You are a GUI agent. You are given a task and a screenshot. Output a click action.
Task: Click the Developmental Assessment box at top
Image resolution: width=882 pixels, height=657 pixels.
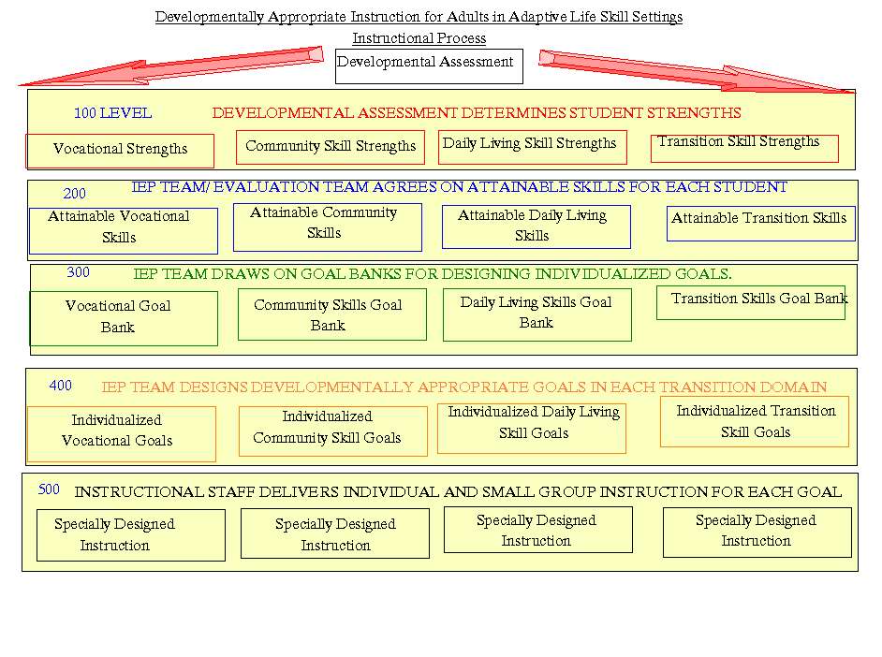(429, 66)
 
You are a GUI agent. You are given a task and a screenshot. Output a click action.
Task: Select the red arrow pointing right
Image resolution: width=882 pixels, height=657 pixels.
(697, 71)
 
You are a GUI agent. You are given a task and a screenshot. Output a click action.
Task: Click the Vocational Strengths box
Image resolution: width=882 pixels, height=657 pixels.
(120, 151)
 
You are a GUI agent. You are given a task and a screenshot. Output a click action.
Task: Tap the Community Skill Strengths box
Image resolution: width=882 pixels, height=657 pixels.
(331, 147)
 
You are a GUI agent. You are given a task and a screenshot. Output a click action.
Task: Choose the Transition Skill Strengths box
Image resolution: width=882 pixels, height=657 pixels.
(744, 149)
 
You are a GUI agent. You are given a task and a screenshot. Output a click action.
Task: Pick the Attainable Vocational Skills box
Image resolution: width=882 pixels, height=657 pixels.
(124, 231)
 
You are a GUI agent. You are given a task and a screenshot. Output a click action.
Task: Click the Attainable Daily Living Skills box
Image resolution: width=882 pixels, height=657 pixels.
(537, 226)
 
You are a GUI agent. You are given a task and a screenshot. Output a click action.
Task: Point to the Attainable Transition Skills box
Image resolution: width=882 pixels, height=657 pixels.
(760, 224)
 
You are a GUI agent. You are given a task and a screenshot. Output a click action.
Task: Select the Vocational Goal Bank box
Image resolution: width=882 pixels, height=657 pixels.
(124, 318)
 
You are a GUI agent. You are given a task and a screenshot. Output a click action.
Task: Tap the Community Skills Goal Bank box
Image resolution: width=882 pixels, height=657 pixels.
(331, 314)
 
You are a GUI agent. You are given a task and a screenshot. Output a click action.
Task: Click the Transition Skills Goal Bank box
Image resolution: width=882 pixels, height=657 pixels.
(750, 302)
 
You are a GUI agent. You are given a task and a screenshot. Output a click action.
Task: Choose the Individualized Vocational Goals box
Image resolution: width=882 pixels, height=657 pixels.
(121, 434)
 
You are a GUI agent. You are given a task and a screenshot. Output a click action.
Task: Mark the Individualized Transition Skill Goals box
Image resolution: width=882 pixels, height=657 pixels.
(755, 421)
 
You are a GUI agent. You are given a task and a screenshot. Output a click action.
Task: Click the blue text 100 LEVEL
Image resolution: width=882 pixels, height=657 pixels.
(113, 113)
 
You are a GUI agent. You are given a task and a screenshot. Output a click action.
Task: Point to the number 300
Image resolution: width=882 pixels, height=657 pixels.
(79, 272)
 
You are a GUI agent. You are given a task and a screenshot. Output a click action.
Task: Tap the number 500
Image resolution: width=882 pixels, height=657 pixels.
(49, 489)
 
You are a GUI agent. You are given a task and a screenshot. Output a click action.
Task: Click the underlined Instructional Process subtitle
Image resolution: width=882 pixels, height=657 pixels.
(419, 38)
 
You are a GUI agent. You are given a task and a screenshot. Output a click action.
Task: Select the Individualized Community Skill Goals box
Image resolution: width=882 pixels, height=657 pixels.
(333, 431)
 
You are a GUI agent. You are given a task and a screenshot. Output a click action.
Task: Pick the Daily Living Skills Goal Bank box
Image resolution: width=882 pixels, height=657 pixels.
(537, 314)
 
